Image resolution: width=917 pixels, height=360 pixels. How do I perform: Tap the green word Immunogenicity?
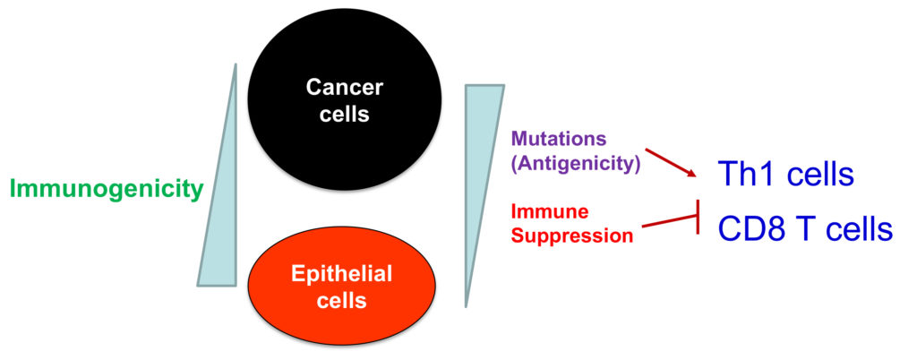tap(107, 189)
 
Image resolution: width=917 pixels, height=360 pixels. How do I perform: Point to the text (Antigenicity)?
tap(575, 164)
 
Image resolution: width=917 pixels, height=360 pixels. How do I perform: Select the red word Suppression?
tap(573, 236)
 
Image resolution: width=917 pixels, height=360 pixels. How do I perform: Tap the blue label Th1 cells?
tap(785, 175)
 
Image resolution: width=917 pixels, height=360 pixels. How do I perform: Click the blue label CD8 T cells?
tap(804, 229)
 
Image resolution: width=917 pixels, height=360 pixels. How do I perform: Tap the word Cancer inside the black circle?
tap(344, 87)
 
